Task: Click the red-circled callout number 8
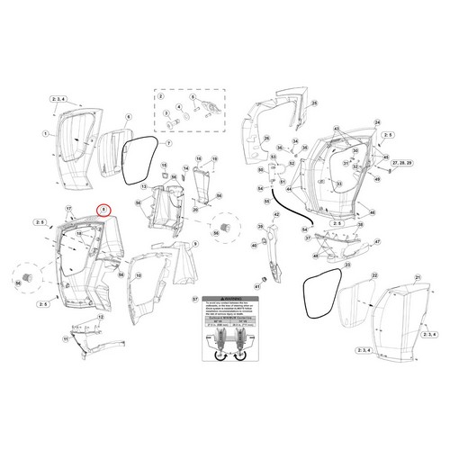pos(105,210)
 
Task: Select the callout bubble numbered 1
pos(45,132)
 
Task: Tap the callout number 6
pos(128,117)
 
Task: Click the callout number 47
pos(376,243)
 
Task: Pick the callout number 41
pos(256,287)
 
